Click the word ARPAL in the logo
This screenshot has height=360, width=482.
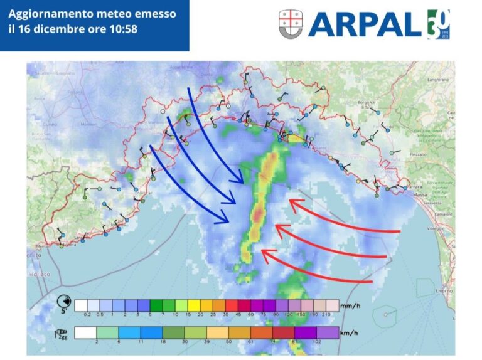(367, 24)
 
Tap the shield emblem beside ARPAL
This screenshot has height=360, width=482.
(291, 23)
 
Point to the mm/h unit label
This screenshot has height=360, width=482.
(350, 307)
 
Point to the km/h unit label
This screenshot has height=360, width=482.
(349, 332)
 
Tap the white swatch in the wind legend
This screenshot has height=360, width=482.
(86, 332)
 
